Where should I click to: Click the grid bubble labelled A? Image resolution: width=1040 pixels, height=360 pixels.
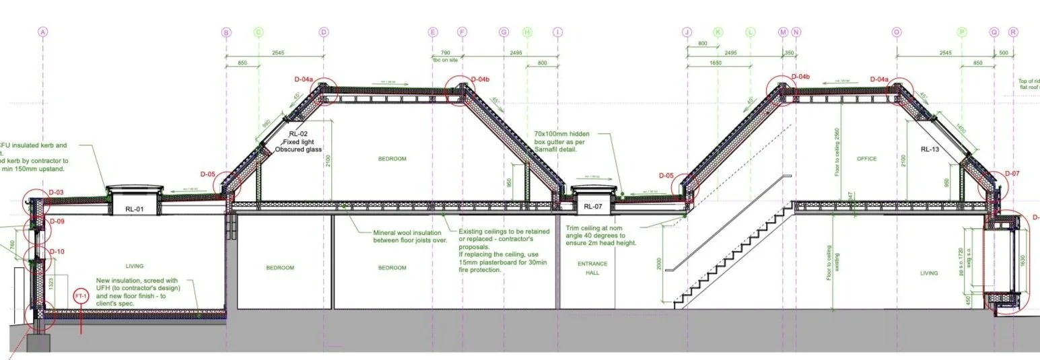tap(43, 32)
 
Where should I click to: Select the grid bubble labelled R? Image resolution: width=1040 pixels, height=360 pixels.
tap(1013, 32)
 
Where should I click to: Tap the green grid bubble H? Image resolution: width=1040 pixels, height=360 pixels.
tap(527, 32)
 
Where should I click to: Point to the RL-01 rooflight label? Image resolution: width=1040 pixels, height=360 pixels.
tap(135, 209)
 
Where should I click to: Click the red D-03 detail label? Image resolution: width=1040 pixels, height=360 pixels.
tap(57, 193)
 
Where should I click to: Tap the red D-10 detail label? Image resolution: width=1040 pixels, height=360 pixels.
tap(57, 252)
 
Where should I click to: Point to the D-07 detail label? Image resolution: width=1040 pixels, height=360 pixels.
tap(1012, 174)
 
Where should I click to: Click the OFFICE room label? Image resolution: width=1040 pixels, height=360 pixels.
tap(867, 159)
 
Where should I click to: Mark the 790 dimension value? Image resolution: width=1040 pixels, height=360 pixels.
tap(445, 52)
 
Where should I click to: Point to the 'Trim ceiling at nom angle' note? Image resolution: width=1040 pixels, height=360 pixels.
tap(601, 236)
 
